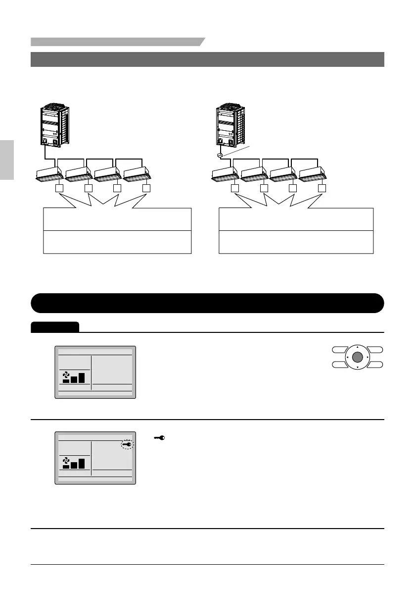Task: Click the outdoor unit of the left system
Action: pyautogui.click(x=53, y=125)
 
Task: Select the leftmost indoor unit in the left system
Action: pyautogui.click(x=50, y=173)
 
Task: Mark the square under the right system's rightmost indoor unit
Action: pyautogui.click(x=322, y=188)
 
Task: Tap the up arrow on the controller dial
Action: pyautogui.click(x=359, y=347)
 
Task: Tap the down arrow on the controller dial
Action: pyautogui.click(x=359, y=368)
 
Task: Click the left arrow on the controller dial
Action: pyautogui.click(x=348, y=357)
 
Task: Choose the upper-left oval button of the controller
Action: pyautogui.click(x=339, y=350)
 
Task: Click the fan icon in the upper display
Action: pyautogui.click(x=65, y=378)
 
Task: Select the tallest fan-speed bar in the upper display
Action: pyautogui.click(x=81, y=377)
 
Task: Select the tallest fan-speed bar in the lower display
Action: pyautogui.click(x=81, y=463)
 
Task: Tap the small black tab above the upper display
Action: pyautogui.click(x=54, y=327)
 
